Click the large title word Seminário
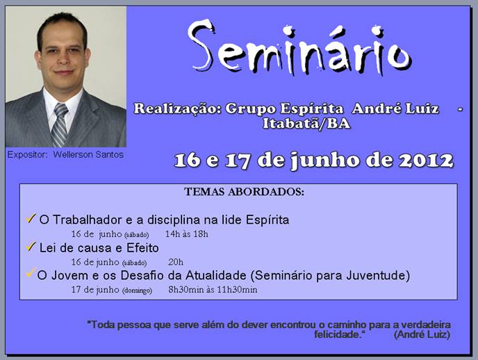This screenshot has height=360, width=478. (x=299, y=48)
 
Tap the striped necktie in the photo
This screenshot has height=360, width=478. (x=60, y=125)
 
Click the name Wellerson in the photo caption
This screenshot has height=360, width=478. (x=72, y=154)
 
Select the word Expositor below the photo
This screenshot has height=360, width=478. (x=27, y=155)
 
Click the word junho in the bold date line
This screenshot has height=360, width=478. (x=324, y=161)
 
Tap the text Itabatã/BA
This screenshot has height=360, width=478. (x=306, y=124)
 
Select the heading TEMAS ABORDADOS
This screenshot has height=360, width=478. (x=244, y=192)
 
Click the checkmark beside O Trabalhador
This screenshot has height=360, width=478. (x=31, y=218)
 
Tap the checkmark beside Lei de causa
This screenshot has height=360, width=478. (x=31, y=246)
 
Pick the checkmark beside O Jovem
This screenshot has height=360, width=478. (x=31, y=272)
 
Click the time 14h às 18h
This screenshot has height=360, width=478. (x=187, y=234)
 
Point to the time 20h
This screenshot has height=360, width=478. (x=176, y=262)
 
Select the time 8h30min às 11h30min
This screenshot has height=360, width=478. (x=213, y=290)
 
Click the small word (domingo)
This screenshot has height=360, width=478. (x=137, y=291)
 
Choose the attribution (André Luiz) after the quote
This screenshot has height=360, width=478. (x=422, y=335)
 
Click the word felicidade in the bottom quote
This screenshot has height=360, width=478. (x=338, y=335)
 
